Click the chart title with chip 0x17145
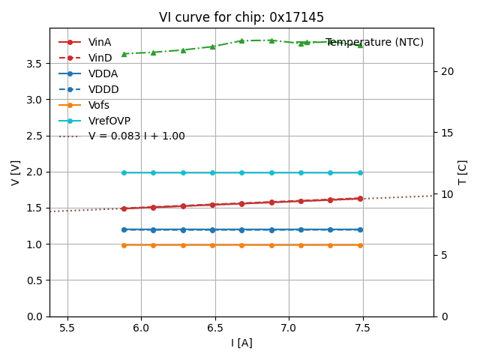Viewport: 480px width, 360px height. point(241,17)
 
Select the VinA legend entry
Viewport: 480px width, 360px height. point(100,42)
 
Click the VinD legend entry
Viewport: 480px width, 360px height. point(100,58)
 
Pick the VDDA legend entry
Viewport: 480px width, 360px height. point(103,73)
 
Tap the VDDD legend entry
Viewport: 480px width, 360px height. point(103,89)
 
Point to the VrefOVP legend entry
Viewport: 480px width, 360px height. point(109,121)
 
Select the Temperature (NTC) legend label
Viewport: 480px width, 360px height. point(374,42)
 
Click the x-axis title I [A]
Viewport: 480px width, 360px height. point(241,343)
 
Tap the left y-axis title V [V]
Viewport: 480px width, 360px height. point(16,172)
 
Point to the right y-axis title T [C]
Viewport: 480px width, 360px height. point(463,172)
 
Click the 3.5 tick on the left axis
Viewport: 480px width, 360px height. point(34,64)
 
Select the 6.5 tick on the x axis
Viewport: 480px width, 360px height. point(215,328)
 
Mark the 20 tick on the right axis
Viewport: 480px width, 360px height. point(444,71)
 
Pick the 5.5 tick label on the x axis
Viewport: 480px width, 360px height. point(67,328)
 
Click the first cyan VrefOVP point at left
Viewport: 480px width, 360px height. point(124,172)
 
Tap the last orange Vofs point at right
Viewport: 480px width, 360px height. point(360,245)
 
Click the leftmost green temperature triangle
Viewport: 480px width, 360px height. point(124,54)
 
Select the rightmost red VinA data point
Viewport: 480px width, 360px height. point(360,199)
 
